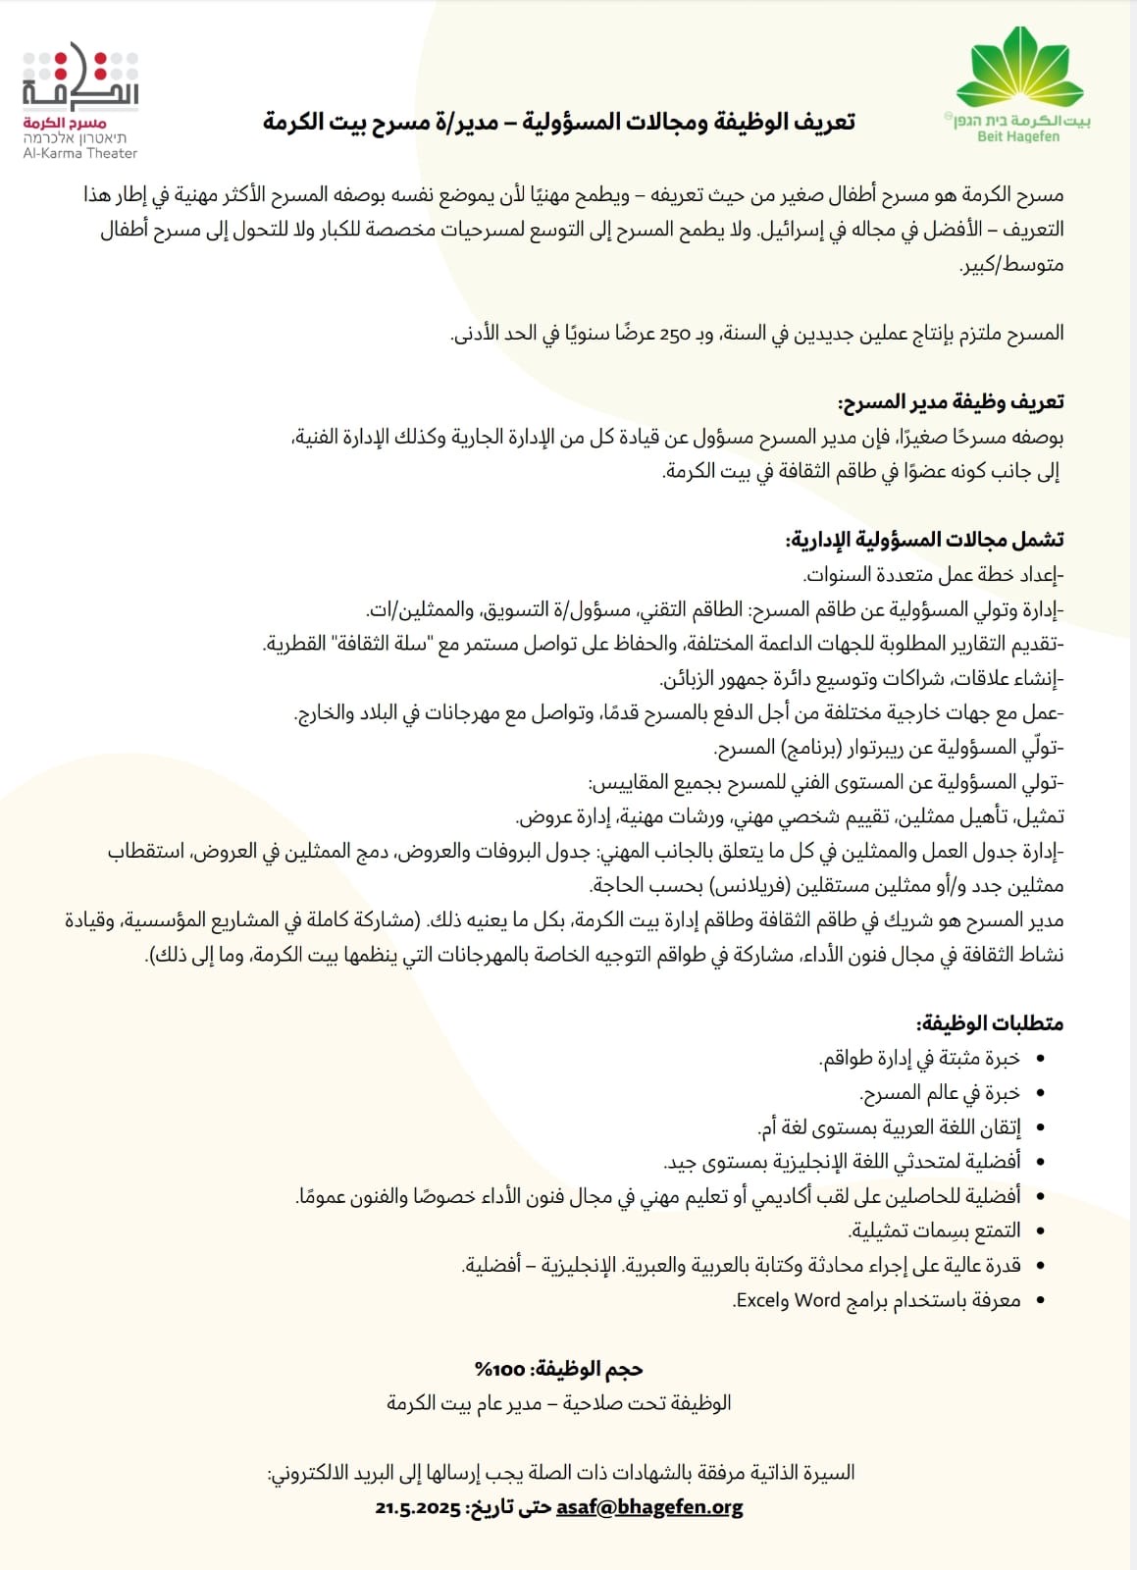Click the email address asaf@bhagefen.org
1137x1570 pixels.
pyautogui.click(x=649, y=1507)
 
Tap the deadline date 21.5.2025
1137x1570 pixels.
pyautogui.click(x=417, y=1508)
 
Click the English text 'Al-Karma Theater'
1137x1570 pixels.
pyautogui.click(x=80, y=153)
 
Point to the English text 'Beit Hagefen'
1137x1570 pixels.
pyautogui.click(x=1018, y=136)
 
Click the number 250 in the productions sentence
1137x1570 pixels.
pyautogui.click(x=676, y=334)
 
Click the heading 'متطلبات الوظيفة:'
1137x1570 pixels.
pyautogui.click(x=990, y=1023)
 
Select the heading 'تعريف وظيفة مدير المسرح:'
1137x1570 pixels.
pyautogui.click(x=951, y=402)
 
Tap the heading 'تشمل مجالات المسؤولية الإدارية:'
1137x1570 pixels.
pyautogui.click(x=925, y=540)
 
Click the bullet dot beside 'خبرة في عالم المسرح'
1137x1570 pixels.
pyautogui.click(x=1040, y=1094)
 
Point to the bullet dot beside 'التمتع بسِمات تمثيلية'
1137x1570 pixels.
pyautogui.click(x=1040, y=1231)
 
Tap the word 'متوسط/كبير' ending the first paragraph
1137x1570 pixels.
pyautogui.click(x=1012, y=265)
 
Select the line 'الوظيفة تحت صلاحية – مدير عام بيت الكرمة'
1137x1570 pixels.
pyautogui.click(x=559, y=1403)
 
